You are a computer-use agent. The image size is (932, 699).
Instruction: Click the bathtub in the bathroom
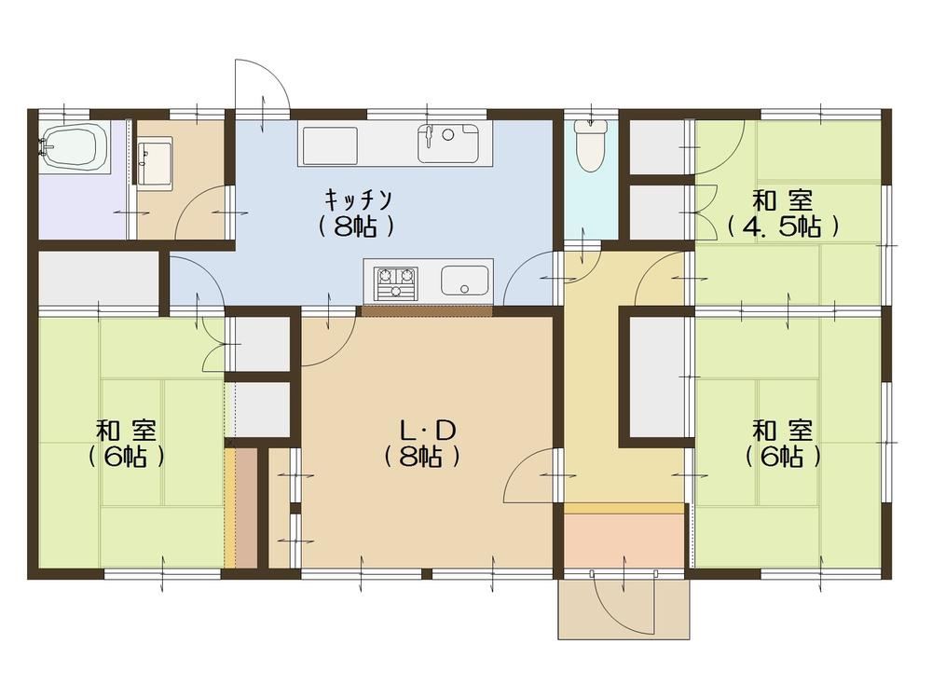point(75,148)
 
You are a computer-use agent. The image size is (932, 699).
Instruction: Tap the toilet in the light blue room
point(590,145)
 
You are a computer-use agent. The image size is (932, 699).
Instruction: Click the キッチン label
point(358,199)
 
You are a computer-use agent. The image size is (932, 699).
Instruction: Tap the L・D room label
point(427,430)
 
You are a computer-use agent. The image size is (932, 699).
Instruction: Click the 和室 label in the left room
point(127,429)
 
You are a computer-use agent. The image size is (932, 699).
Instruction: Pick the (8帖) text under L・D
point(421,457)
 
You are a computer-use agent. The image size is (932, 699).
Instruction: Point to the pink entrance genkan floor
point(624,540)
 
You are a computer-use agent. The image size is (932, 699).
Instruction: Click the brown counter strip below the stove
point(427,310)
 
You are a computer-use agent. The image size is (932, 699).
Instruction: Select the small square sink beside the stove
point(465,281)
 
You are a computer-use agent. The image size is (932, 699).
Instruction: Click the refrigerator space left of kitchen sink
point(329,145)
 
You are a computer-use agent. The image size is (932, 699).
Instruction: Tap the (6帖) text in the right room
point(782,457)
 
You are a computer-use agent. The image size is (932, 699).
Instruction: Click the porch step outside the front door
point(624,609)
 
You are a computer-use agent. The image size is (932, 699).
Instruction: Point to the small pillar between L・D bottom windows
point(426,573)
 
